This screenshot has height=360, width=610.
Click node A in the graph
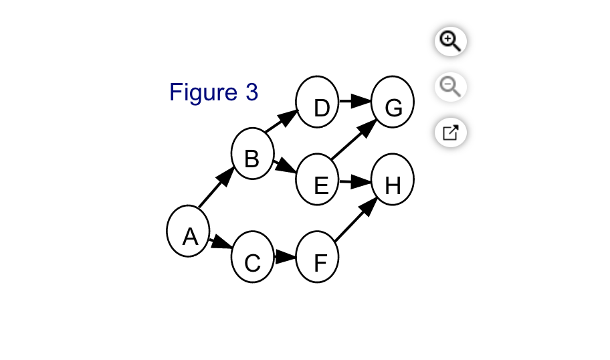point(189,231)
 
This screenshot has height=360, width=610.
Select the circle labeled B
point(253,153)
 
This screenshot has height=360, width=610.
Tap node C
point(253,257)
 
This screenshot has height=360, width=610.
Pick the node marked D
point(318,102)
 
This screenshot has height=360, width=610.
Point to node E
point(318,179)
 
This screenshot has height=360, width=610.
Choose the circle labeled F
point(318,257)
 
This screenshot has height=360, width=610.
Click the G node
point(393,102)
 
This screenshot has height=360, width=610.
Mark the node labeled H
point(393,179)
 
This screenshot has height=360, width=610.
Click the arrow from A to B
point(216,187)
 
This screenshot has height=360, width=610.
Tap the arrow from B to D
point(282,121)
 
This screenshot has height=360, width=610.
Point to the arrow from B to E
point(285,166)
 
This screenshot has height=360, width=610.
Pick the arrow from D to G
point(355,101)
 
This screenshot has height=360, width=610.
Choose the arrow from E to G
point(354,139)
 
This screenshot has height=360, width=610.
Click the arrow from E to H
point(355,182)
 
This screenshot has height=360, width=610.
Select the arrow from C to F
point(285,257)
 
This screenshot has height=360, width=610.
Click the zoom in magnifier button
point(451,41)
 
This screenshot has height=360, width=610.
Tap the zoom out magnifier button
point(451,87)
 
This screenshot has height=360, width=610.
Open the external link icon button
point(451,132)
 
